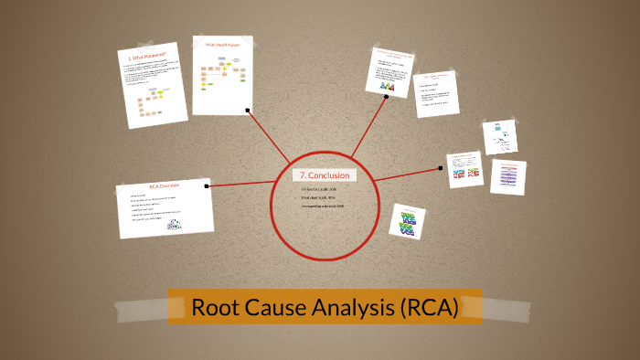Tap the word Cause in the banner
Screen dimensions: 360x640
(x=271, y=308)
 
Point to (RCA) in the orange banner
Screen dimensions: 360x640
(x=428, y=308)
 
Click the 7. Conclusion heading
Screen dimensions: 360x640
(x=319, y=175)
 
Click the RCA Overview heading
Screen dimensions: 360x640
(x=164, y=185)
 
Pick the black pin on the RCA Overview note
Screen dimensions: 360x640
(x=209, y=185)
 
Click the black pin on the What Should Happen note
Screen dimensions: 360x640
(x=248, y=110)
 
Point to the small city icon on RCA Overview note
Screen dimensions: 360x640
(x=173, y=229)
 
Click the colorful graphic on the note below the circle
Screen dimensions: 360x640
(x=408, y=221)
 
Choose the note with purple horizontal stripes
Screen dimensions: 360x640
(x=507, y=176)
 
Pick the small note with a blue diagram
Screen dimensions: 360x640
(x=502, y=136)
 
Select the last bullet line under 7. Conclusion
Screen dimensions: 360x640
(x=322, y=206)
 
